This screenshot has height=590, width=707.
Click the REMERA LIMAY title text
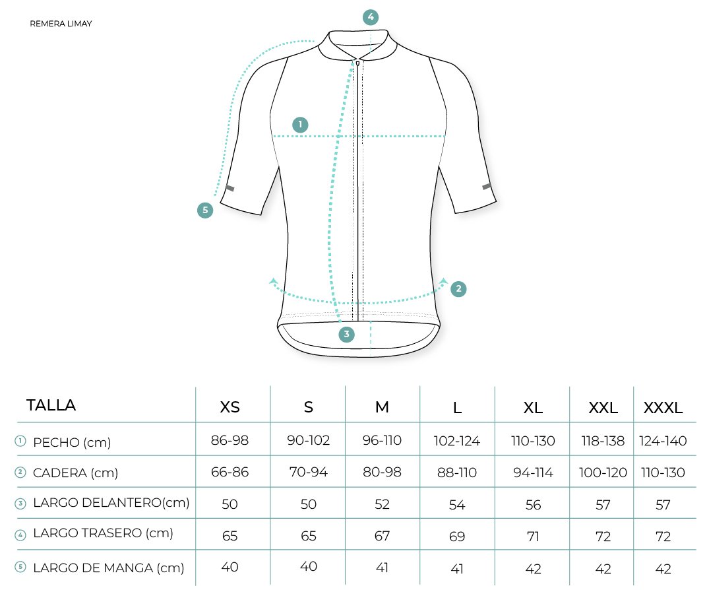click(x=61, y=24)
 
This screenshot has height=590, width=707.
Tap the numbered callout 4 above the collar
click(x=371, y=17)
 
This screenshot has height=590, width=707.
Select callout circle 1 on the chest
click(x=300, y=125)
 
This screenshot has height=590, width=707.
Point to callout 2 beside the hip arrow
click(x=458, y=288)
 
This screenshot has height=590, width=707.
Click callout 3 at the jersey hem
click(x=346, y=334)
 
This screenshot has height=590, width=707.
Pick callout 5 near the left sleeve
click(x=205, y=211)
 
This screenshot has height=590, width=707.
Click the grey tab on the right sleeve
click(x=487, y=186)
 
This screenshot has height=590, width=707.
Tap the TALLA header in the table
click(x=51, y=405)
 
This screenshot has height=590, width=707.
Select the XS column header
click(x=230, y=407)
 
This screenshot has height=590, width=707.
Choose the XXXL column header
click(x=663, y=408)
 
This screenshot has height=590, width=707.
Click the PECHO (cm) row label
click(x=72, y=442)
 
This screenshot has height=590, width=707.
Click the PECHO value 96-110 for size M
click(x=382, y=440)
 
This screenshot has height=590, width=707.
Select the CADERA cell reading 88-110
click(x=457, y=473)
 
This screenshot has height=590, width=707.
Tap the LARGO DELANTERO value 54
click(x=457, y=504)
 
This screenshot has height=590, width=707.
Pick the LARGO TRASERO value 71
click(x=532, y=537)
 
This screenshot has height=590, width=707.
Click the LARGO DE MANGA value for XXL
click(x=603, y=568)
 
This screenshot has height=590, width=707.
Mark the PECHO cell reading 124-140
click(x=663, y=441)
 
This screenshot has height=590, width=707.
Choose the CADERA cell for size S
click(x=309, y=472)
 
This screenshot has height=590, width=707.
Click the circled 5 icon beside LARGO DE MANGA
click(x=20, y=566)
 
